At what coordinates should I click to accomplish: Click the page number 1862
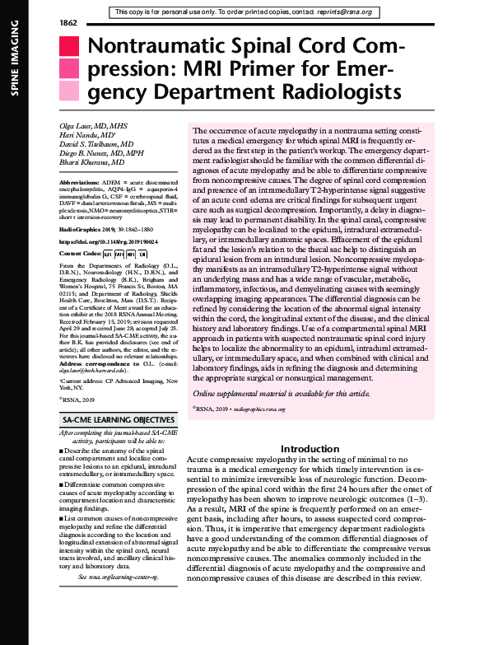[x=68, y=21]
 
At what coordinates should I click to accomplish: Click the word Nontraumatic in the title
[x=160, y=49]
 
